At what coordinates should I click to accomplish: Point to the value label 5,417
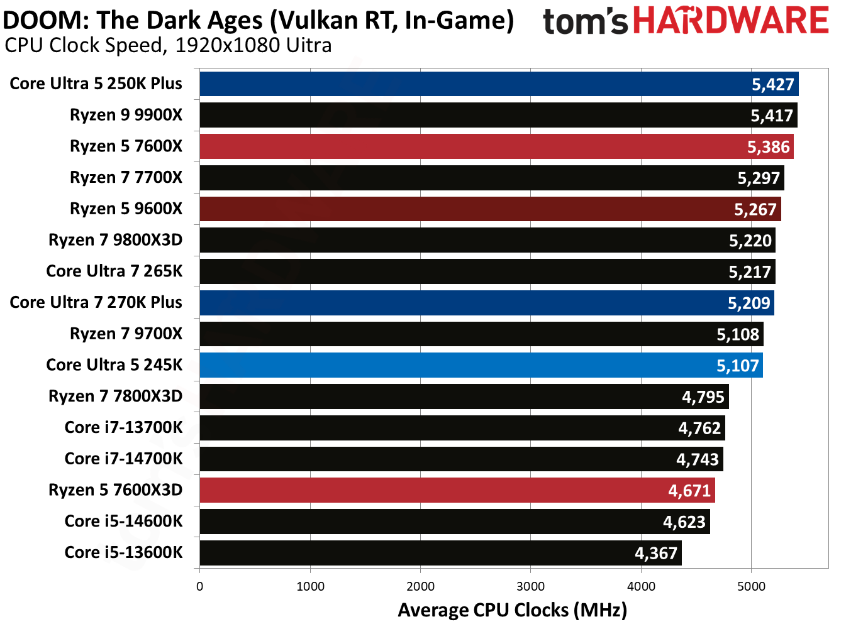(x=772, y=116)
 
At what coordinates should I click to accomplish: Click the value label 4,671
(x=689, y=491)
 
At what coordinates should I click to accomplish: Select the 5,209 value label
(x=749, y=303)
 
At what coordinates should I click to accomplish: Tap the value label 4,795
(x=703, y=397)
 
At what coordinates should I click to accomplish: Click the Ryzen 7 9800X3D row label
(x=116, y=240)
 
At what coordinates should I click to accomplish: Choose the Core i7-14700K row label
(x=124, y=459)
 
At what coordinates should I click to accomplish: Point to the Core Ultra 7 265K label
(x=114, y=271)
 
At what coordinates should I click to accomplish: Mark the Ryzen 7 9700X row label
(x=126, y=334)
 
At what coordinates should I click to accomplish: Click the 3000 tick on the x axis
(x=530, y=586)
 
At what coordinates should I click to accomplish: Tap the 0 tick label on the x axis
(x=200, y=586)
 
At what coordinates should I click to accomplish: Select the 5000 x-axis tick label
(x=751, y=586)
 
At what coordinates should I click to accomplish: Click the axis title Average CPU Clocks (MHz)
(x=512, y=610)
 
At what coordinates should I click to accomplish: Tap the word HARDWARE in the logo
(x=731, y=21)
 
